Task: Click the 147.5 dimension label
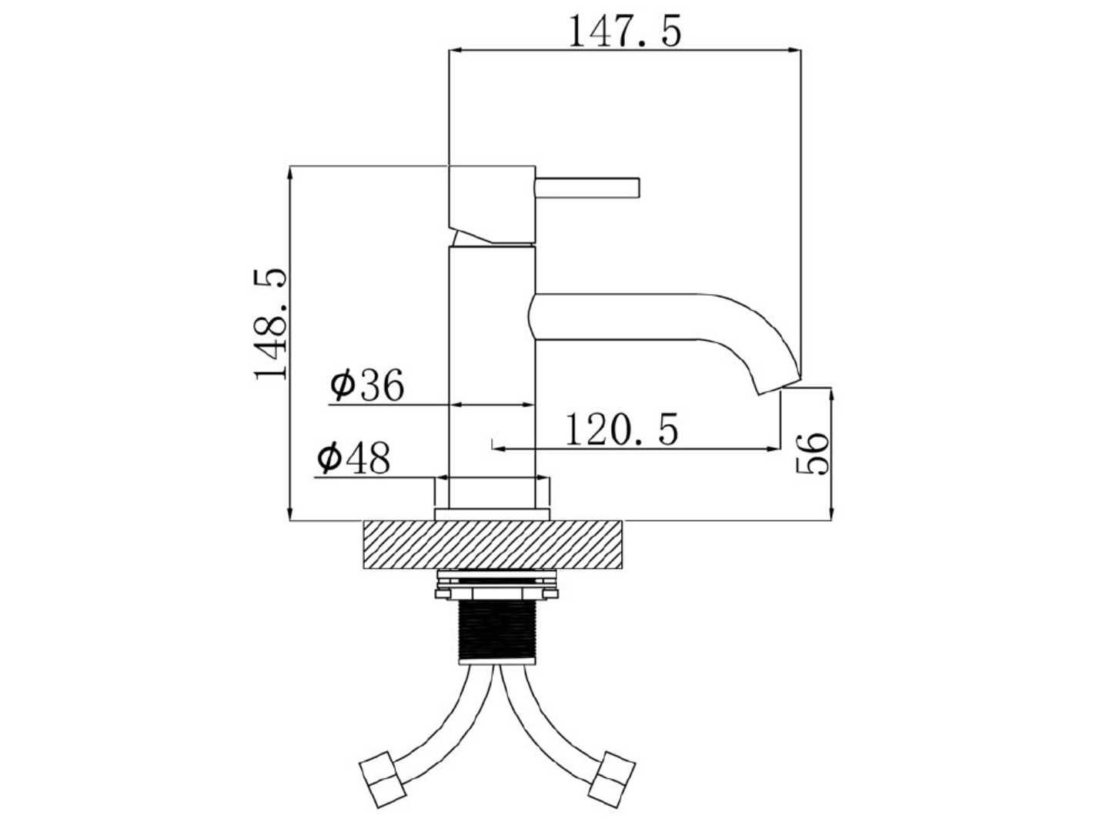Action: click(625, 31)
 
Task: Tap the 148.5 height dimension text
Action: click(271, 325)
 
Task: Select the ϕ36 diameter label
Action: click(367, 385)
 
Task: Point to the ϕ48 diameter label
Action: click(353, 458)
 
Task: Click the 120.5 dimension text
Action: click(622, 429)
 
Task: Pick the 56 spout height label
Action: click(812, 453)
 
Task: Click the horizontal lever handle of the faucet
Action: click(586, 188)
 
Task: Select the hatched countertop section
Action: click(493, 544)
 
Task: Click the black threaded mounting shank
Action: click(497, 632)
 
